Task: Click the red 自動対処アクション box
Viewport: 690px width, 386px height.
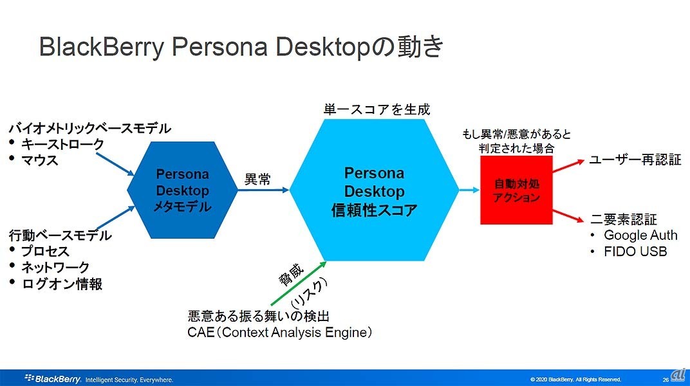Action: pyautogui.click(x=516, y=190)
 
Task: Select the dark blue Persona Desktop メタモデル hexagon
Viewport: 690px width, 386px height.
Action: pyautogui.click(x=182, y=190)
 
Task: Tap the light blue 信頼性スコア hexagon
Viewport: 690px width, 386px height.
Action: pyautogui.click(x=374, y=190)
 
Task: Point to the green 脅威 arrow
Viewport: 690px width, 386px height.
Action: pyautogui.click(x=299, y=283)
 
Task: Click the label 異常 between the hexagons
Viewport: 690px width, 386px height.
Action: pyautogui.click(x=257, y=179)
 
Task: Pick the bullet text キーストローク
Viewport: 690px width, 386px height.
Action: pyautogui.click(x=62, y=143)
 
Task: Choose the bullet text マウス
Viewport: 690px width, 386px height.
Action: pyautogui.click(x=40, y=160)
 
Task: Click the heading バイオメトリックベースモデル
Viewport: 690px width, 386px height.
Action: pyautogui.click(x=90, y=129)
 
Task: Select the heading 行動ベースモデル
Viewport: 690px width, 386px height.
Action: pyautogui.click(x=61, y=235)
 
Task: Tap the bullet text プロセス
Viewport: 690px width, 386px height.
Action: pyautogui.click(x=45, y=251)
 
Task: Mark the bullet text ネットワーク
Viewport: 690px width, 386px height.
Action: pyautogui.click(x=55, y=267)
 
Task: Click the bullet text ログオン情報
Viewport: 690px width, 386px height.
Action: pyautogui.click(x=62, y=284)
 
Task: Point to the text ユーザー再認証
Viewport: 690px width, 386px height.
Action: pyautogui.click(x=635, y=160)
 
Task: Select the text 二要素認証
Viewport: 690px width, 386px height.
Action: pyautogui.click(x=624, y=219)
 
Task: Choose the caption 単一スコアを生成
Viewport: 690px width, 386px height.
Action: pyautogui.click(x=377, y=109)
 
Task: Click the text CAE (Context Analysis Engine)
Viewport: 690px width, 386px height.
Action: pyautogui.click(x=279, y=333)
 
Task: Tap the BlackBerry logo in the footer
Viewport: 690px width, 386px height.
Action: pyautogui.click(x=53, y=378)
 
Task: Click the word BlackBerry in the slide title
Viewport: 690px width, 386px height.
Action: pyautogui.click(x=102, y=47)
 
